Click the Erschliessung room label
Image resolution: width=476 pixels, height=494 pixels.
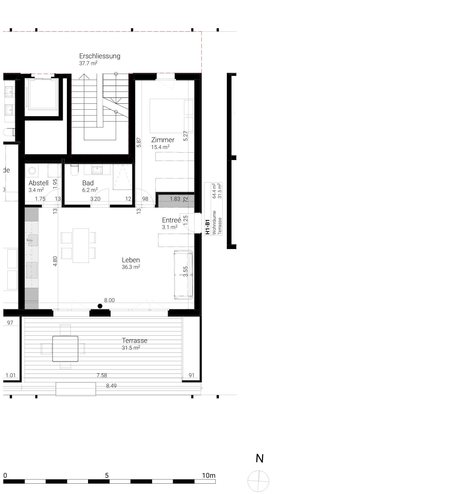click(x=100, y=56)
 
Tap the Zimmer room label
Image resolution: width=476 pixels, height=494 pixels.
click(x=163, y=140)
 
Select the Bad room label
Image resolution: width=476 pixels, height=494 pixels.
click(x=88, y=183)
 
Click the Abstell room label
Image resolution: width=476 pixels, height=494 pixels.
click(x=39, y=183)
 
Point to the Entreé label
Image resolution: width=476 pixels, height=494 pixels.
click(x=171, y=220)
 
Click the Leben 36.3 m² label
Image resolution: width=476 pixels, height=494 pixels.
click(x=131, y=263)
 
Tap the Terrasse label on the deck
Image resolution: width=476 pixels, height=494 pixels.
click(x=135, y=341)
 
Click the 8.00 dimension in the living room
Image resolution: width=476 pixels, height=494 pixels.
click(x=109, y=300)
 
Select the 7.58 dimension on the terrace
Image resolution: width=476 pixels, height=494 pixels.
click(x=102, y=375)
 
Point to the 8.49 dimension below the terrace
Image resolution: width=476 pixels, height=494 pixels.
click(x=111, y=386)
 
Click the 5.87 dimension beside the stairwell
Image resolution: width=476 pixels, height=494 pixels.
click(x=139, y=142)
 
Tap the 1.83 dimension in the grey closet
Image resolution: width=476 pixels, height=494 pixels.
click(x=175, y=199)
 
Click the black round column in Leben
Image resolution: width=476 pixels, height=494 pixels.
click(x=100, y=306)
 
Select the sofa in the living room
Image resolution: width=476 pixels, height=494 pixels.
click(x=183, y=275)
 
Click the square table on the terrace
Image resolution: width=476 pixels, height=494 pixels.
click(x=65, y=349)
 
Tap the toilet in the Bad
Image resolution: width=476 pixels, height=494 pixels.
click(x=74, y=170)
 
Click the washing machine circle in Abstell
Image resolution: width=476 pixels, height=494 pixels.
click(x=32, y=171)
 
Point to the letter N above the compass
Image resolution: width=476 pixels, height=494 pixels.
click(x=259, y=458)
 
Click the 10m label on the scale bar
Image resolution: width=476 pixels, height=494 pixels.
click(x=209, y=475)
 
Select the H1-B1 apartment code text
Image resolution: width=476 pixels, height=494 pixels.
click(x=208, y=227)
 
